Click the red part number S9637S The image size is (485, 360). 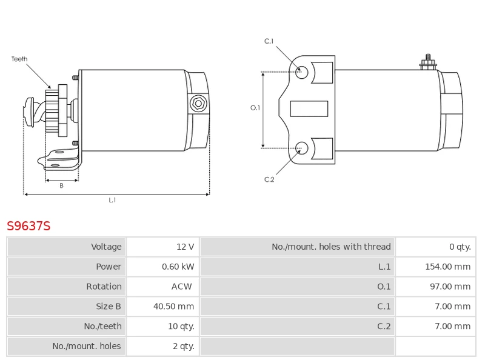pyautogui.click(x=28, y=226)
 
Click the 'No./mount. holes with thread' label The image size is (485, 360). pyautogui.click(x=331, y=247)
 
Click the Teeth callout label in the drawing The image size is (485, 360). pyautogui.click(x=19, y=59)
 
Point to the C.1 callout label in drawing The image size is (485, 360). pyautogui.click(x=269, y=41)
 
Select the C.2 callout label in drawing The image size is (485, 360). pyautogui.click(x=269, y=179)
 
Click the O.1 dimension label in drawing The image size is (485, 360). pyautogui.click(x=255, y=108)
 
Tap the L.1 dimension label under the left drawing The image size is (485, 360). pyautogui.click(x=112, y=200)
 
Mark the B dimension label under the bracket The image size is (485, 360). pyautogui.click(x=61, y=186)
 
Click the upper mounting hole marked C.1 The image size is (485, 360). pyautogui.click(x=302, y=72)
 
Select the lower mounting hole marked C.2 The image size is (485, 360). pyautogui.click(x=302, y=147)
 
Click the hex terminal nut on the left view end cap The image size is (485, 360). pyautogui.click(x=198, y=104)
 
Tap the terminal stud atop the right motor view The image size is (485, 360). pyautogui.click(x=428, y=62)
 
